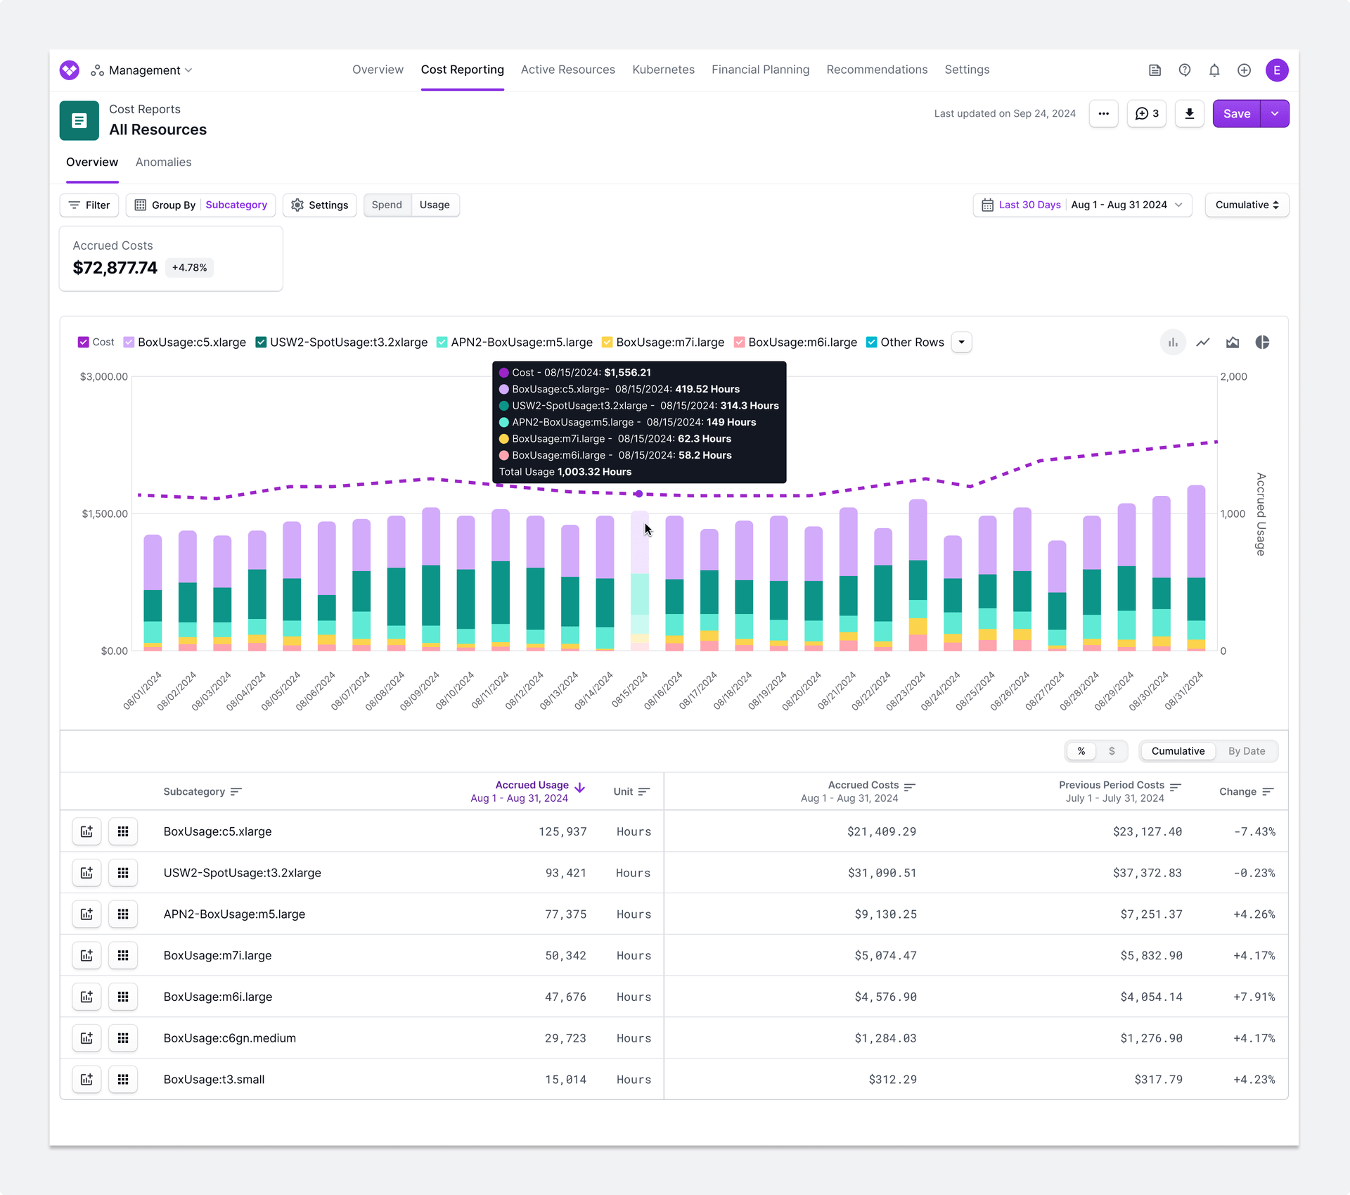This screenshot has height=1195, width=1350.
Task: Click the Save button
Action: [x=1236, y=114]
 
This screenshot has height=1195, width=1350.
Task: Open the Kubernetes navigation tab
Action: [x=663, y=70]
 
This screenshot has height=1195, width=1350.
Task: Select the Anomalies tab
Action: [x=163, y=162]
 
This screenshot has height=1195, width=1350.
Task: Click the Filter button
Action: [x=89, y=205]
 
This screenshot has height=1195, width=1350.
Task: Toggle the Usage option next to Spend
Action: [x=435, y=205]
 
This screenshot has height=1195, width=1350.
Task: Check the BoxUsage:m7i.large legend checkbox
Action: [x=607, y=343]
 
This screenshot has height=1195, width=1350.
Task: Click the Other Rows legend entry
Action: [x=911, y=343]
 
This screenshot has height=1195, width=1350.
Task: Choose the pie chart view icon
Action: [x=1262, y=343]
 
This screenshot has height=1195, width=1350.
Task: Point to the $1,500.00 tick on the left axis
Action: [x=105, y=514]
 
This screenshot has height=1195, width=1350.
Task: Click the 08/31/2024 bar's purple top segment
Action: [x=1196, y=531]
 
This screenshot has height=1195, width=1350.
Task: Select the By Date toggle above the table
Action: [x=1246, y=751]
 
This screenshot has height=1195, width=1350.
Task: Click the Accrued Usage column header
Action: [x=532, y=785]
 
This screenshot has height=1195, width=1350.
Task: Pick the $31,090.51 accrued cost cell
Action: [x=882, y=873]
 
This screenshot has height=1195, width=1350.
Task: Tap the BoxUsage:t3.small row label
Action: [x=214, y=1080]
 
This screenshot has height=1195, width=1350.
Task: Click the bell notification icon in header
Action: [x=1214, y=70]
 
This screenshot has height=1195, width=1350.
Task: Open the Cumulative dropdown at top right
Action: [x=1246, y=205]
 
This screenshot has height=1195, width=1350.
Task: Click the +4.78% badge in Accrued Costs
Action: [x=189, y=268]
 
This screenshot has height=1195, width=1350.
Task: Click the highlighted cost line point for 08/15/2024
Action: [x=638, y=494]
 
